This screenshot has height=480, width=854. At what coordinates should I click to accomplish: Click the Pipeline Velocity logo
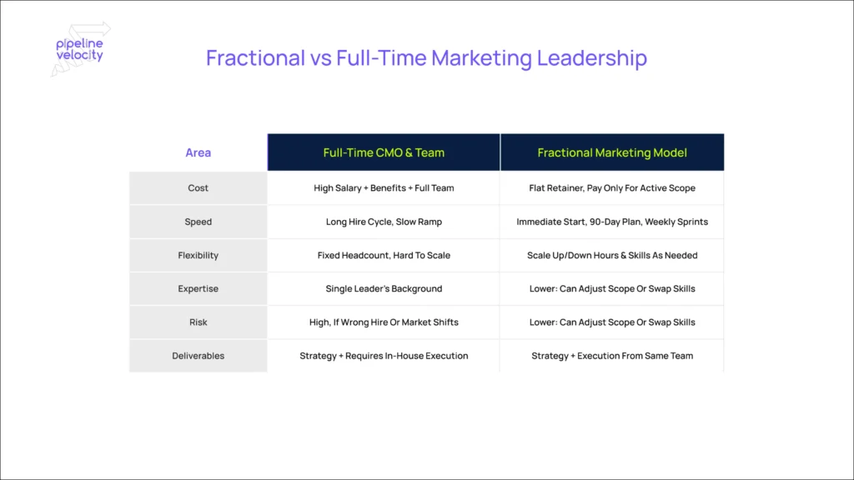[80, 49]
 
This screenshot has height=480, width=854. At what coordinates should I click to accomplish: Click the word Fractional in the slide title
[255, 57]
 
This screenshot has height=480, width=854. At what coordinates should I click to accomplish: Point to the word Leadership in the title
[592, 58]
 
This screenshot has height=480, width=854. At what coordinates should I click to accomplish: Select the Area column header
[198, 152]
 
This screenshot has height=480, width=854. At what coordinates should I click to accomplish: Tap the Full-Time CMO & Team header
[384, 152]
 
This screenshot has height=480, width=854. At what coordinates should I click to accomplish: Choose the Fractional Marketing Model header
[612, 152]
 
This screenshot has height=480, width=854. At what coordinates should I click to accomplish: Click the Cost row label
[198, 187]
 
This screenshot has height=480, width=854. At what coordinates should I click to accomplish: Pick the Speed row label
[198, 222]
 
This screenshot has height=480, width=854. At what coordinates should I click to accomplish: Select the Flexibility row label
[198, 255]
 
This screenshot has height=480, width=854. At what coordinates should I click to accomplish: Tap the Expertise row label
[198, 288]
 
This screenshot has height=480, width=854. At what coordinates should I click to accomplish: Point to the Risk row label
[198, 322]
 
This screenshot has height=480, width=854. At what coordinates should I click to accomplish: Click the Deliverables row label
[198, 355]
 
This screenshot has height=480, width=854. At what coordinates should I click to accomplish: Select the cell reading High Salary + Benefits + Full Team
[384, 187]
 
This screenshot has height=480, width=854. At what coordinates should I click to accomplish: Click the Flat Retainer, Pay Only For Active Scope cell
[612, 187]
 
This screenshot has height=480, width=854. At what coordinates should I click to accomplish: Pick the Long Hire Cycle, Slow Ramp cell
[384, 222]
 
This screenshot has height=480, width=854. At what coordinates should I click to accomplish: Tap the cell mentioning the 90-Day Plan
[612, 222]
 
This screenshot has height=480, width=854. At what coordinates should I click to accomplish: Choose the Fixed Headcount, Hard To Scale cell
[384, 255]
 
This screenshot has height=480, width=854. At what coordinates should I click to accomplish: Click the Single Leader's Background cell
[384, 288]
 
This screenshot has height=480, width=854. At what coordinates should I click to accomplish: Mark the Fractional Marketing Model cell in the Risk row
[612, 322]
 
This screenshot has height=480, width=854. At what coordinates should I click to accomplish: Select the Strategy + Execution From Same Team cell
[612, 355]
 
